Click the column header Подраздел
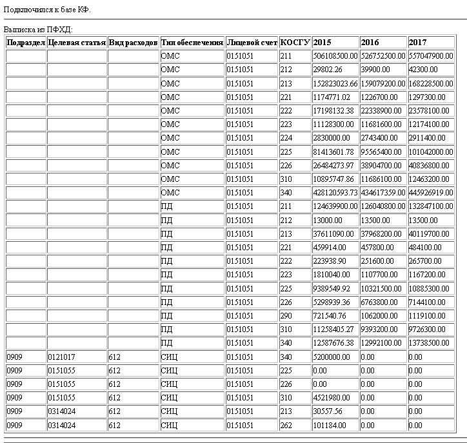26,43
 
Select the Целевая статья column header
77,43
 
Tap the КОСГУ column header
295,43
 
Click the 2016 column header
370,43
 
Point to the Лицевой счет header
252,43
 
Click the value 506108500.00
335,56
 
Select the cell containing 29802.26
327,70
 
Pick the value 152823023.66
335,83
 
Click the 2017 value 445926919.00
431,192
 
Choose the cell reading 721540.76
328,315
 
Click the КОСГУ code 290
286,315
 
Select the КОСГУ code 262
286,426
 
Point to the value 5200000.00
332,357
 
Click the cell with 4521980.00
332,398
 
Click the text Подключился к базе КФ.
47,10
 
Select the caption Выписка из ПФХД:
39,30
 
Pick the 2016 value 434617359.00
383,192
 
